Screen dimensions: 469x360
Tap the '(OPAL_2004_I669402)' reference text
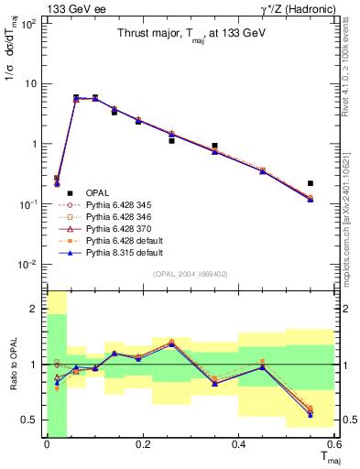[x=190, y=274]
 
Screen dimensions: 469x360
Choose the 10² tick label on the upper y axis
[x=28, y=24]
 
